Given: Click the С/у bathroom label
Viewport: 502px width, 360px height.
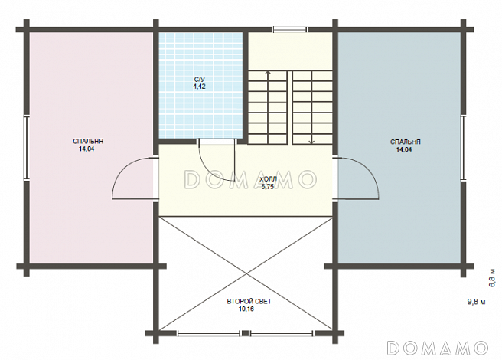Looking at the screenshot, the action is [199, 79].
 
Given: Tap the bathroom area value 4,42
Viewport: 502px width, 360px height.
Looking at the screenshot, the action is [199, 87].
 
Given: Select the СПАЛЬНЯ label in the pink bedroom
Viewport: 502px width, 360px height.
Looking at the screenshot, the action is [88, 142].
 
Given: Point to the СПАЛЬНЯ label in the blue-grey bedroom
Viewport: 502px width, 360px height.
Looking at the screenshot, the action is [406, 142].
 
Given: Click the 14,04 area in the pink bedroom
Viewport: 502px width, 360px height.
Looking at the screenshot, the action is [86, 149].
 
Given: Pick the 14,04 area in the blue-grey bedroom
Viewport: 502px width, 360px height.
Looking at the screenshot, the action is [404, 149].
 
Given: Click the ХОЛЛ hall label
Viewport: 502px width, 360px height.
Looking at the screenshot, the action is [269, 180].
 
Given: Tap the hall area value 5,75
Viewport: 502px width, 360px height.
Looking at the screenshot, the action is [268, 187].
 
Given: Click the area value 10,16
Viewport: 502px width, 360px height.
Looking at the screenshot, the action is [246, 309].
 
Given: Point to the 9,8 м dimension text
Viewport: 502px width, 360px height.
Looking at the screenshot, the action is [477, 302].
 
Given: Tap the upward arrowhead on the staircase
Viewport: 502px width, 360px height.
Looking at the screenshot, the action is [268, 73].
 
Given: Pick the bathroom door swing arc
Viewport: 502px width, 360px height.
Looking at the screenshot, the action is [207, 169].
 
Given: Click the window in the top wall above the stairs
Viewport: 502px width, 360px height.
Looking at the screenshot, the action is [290, 30].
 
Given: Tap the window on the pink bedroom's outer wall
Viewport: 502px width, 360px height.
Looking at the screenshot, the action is [27, 148].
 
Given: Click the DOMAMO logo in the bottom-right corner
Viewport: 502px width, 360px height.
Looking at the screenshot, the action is [437, 348].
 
